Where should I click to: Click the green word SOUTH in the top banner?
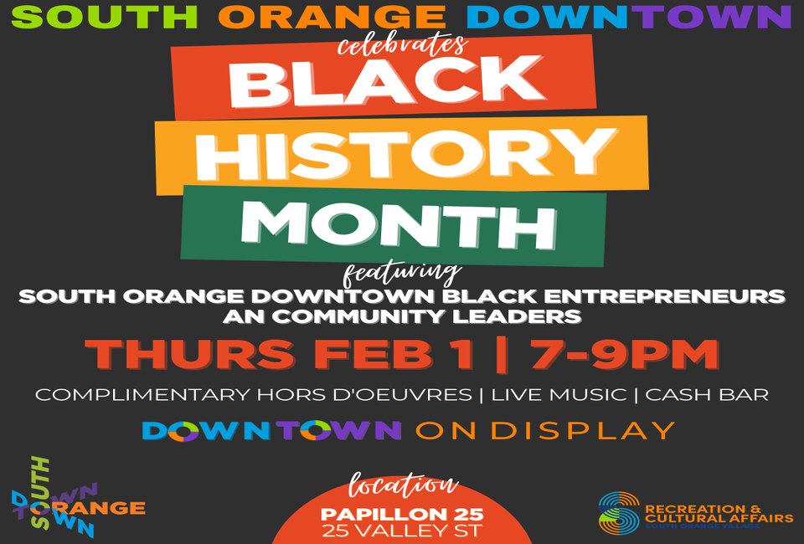point(105,17)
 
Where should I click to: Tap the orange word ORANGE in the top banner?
point(332,17)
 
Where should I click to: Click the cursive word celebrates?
point(403,45)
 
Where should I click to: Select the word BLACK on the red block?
point(385,81)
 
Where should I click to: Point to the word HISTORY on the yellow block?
point(405,154)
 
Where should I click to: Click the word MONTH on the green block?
point(399,224)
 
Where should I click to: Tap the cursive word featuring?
point(401,275)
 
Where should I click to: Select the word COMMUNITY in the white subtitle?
point(360,316)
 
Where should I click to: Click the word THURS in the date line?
point(190,354)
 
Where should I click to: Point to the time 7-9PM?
point(625,354)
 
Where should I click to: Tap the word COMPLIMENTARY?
point(142,395)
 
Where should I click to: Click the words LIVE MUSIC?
point(559,395)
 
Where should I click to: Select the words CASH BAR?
point(707,395)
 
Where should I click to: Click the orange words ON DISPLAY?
point(545,431)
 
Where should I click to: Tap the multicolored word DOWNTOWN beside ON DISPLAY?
point(271,431)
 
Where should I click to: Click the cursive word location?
point(403,485)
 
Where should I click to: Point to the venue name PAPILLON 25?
point(402,514)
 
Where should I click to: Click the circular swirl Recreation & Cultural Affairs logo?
point(620,513)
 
